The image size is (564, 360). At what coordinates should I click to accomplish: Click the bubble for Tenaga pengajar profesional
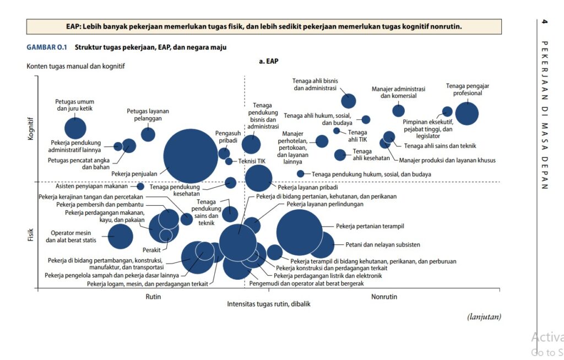[x=467, y=114]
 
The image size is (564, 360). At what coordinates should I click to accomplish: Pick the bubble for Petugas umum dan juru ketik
[x=75, y=128]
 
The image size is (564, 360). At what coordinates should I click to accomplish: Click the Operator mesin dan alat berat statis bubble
[x=120, y=237]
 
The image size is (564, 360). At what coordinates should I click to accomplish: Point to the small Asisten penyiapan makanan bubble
[x=140, y=187]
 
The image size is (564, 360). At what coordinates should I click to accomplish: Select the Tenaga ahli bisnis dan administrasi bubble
[x=348, y=101]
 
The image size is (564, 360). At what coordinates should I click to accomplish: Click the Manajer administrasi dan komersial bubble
[x=398, y=111]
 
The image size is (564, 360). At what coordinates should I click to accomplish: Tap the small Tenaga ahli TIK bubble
[x=337, y=130]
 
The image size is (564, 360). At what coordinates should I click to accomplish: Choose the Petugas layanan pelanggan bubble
[x=148, y=134]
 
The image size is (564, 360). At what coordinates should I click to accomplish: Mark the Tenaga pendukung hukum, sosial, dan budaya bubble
[x=300, y=174]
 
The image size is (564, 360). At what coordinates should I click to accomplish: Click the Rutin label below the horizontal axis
[x=153, y=297]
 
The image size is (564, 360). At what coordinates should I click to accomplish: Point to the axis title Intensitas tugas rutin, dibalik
[x=269, y=304]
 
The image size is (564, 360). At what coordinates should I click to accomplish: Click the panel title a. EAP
[x=268, y=62]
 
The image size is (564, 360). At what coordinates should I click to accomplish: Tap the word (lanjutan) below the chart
[x=484, y=317]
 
